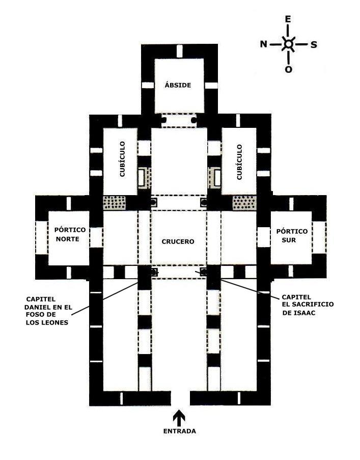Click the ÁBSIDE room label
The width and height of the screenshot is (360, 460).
click(x=178, y=85)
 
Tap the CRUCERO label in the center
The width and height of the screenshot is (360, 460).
click(x=178, y=241)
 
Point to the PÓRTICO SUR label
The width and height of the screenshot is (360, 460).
click(x=291, y=235)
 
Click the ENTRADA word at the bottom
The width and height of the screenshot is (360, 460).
click(x=179, y=431)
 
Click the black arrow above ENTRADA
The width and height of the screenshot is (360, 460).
click(x=179, y=418)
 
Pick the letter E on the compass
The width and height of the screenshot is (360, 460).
click(x=288, y=19)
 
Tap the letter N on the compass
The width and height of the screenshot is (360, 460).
click(x=264, y=44)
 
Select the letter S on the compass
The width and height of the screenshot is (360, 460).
click(x=314, y=45)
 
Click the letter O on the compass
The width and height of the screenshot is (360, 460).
click(x=289, y=69)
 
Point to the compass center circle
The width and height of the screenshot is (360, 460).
click(x=289, y=44)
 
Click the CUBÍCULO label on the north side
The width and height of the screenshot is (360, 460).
click(x=122, y=159)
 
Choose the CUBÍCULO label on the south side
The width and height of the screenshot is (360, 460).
click(x=239, y=161)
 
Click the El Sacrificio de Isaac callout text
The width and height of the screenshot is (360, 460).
click(x=308, y=305)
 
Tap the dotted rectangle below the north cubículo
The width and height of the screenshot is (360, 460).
click(x=115, y=202)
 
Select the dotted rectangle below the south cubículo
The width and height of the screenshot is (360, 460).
click(x=244, y=203)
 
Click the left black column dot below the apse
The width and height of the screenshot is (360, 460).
click(x=163, y=120)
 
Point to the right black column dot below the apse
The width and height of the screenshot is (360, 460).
click(x=194, y=120)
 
